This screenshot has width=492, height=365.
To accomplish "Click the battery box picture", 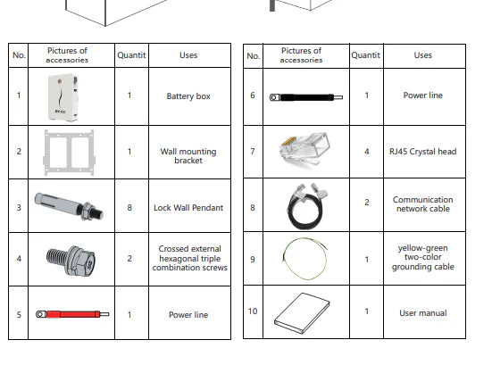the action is click(x=63, y=97).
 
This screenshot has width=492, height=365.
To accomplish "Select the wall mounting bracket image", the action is click(x=69, y=153).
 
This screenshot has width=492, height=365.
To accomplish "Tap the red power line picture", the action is click(x=72, y=314).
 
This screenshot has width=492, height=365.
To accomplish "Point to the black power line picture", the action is click(x=306, y=97).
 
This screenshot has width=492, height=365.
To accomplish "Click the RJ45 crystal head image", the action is click(x=304, y=149).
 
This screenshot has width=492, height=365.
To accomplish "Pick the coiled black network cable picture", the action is click(x=306, y=206).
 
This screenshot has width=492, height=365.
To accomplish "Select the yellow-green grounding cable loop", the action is click(x=305, y=259).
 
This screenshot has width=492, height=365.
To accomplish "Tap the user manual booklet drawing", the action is click(x=302, y=312).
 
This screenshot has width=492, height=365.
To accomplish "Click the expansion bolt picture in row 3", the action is click(x=69, y=206).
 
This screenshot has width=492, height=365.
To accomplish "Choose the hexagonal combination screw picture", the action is click(x=71, y=260).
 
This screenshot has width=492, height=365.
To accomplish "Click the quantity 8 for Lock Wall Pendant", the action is click(x=129, y=208).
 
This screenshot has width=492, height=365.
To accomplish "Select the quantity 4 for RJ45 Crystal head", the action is click(x=366, y=152).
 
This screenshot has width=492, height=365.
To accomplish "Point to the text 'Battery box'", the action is click(x=188, y=96).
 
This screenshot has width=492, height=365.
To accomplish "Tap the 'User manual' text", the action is click(x=423, y=313).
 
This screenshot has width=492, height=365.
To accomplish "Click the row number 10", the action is click(x=253, y=311).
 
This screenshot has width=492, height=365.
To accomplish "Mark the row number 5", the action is click(x=19, y=314).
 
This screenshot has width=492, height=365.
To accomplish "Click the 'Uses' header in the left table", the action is click(x=188, y=55).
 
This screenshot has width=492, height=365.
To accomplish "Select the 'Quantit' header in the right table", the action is click(x=365, y=55).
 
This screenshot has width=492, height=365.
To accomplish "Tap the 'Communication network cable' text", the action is click(x=423, y=204).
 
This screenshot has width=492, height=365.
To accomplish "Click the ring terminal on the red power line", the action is click(x=40, y=314).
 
